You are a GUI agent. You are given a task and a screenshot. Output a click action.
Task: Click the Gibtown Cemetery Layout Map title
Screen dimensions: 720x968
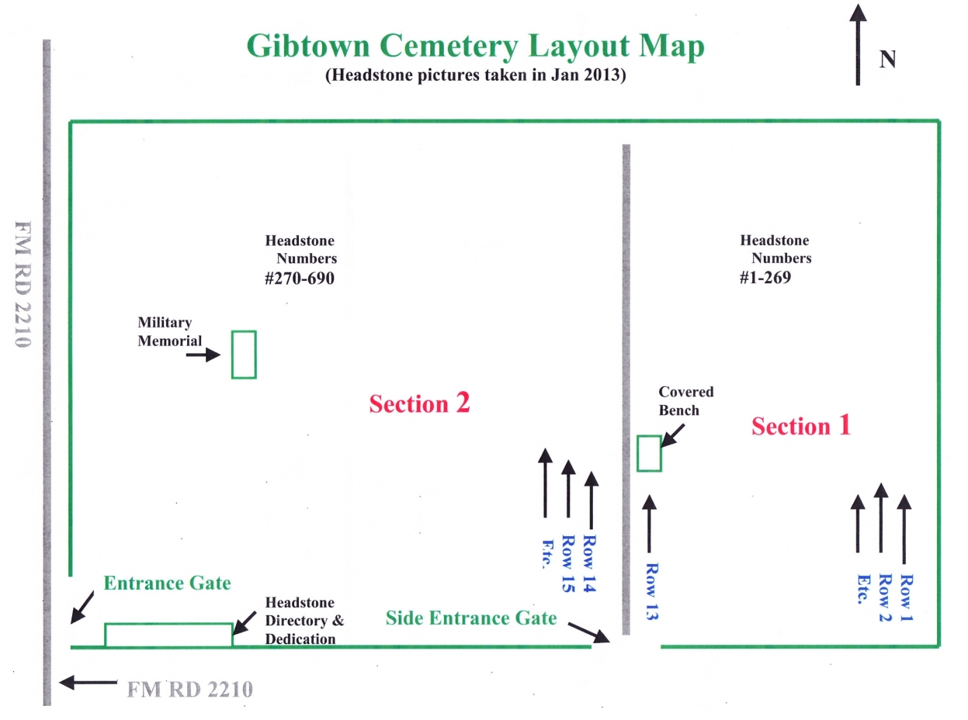click(475, 47)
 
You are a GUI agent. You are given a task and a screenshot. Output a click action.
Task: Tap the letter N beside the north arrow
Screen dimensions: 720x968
click(887, 60)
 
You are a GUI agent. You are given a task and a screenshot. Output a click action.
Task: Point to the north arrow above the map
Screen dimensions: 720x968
click(857, 44)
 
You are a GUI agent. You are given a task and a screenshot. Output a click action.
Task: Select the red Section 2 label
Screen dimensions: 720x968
click(419, 404)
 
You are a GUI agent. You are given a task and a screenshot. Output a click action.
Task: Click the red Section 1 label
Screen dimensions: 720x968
click(800, 426)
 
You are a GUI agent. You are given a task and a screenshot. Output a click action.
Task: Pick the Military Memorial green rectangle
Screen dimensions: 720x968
click(244, 355)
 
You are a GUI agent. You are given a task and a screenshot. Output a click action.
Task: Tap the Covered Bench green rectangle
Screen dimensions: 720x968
click(649, 453)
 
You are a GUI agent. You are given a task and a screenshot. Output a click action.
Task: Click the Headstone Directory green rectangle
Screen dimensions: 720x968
click(168, 635)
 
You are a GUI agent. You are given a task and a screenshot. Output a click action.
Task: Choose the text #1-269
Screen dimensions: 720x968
click(765, 277)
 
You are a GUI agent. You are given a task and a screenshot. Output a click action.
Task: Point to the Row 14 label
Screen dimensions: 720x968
click(592, 564)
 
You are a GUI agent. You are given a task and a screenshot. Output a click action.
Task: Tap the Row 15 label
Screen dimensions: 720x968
click(568, 564)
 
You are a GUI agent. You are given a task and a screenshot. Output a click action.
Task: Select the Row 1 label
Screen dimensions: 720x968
click(905, 598)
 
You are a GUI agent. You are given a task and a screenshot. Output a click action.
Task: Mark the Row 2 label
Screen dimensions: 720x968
click(882, 598)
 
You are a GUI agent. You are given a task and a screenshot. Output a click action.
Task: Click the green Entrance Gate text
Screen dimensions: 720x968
click(168, 583)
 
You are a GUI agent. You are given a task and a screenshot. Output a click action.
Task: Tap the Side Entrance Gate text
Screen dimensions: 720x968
click(471, 618)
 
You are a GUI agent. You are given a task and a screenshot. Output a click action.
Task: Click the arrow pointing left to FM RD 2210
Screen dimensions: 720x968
click(88, 683)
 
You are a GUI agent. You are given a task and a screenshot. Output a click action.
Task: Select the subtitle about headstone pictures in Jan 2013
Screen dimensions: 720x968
click(475, 78)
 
